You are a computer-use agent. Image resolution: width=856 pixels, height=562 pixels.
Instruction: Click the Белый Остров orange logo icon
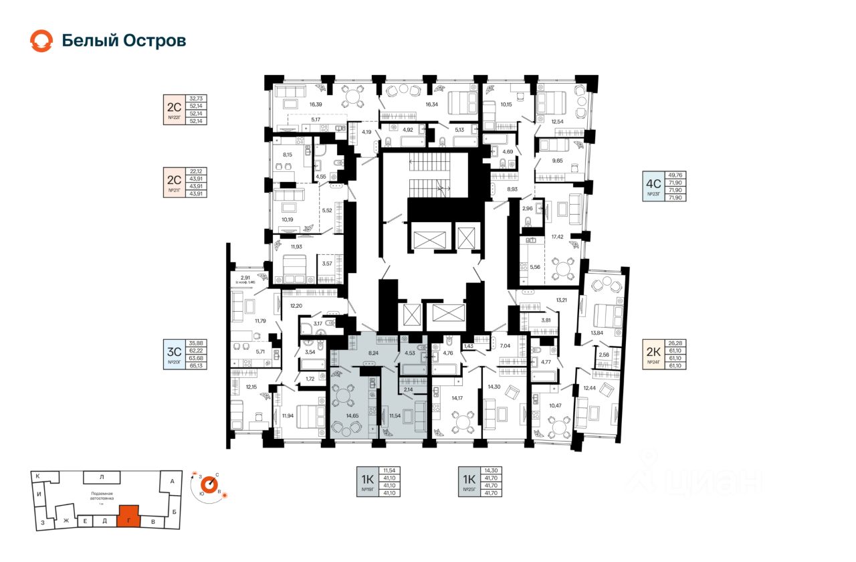click(x=41, y=41)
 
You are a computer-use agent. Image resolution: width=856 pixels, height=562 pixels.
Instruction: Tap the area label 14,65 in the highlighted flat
click(x=352, y=415)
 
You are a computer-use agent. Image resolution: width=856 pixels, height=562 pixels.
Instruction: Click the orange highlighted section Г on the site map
click(x=128, y=515)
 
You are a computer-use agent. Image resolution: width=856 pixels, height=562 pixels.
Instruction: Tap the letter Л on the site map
click(x=102, y=477)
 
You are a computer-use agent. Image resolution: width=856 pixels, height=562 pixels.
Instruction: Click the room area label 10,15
click(x=506, y=104)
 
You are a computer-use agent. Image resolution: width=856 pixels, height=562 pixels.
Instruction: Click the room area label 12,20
click(x=296, y=306)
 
